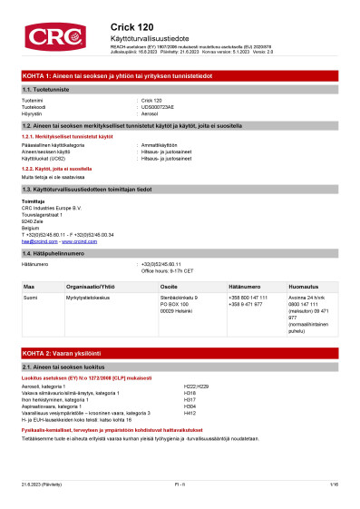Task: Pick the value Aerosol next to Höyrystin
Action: [151, 113]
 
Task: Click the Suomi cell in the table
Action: [30, 297]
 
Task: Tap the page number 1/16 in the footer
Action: [334, 487]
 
